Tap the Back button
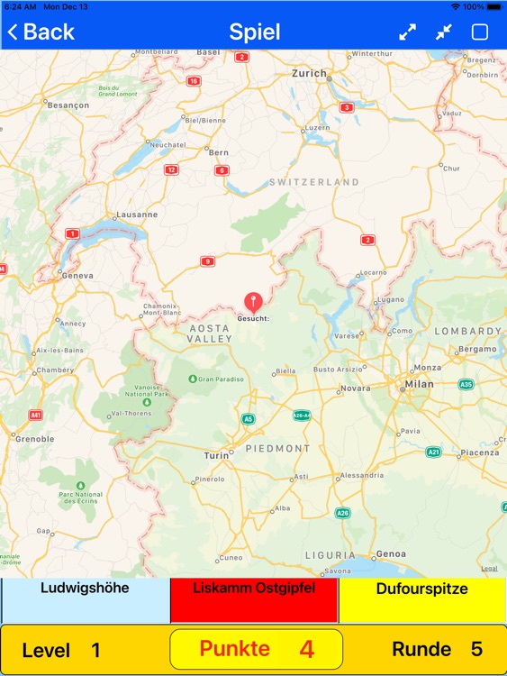(x=41, y=32)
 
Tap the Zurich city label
(x=309, y=73)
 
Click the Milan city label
(x=419, y=384)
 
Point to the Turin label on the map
(x=217, y=455)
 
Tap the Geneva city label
(x=77, y=275)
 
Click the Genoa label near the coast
(x=391, y=553)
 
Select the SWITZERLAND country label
(x=313, y=182)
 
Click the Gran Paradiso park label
(x=221, y=379)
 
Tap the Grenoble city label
(x=34, y=439)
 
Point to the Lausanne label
(x=136, y=215)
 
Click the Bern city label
(x=219, y=153)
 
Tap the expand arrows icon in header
(x=408, y=32)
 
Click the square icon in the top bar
(x=480, y=32)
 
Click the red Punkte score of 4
(x=306, y=649)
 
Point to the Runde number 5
(x=476, y=649)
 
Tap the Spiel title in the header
(x=254, y=32)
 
